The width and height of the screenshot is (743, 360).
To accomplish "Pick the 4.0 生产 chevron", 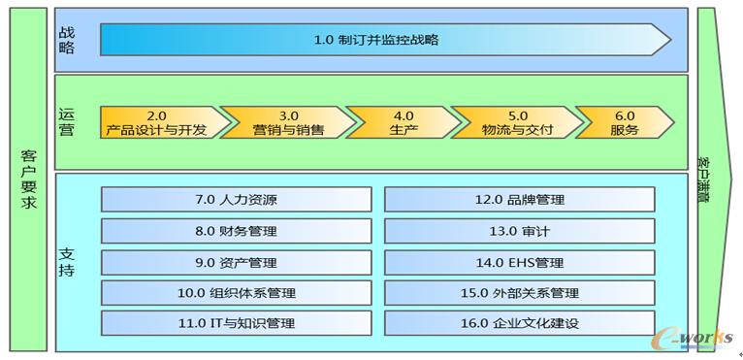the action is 398,122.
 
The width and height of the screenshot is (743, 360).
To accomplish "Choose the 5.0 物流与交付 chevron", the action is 514,122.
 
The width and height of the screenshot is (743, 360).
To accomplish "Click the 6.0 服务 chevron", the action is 623,122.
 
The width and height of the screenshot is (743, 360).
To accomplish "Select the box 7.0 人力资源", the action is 236,200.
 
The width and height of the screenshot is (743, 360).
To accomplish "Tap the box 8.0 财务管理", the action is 236,231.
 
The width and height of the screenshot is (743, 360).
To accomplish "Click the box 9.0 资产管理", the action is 236,262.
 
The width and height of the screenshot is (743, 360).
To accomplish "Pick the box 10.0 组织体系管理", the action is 236,293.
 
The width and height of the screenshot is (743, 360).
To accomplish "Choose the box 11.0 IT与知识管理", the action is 236,323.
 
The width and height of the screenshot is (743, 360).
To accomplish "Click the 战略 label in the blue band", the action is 66,39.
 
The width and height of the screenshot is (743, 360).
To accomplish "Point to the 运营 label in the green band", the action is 66,122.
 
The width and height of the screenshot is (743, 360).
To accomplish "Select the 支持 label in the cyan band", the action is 66,262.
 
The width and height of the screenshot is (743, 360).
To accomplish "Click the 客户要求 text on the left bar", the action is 27,180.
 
